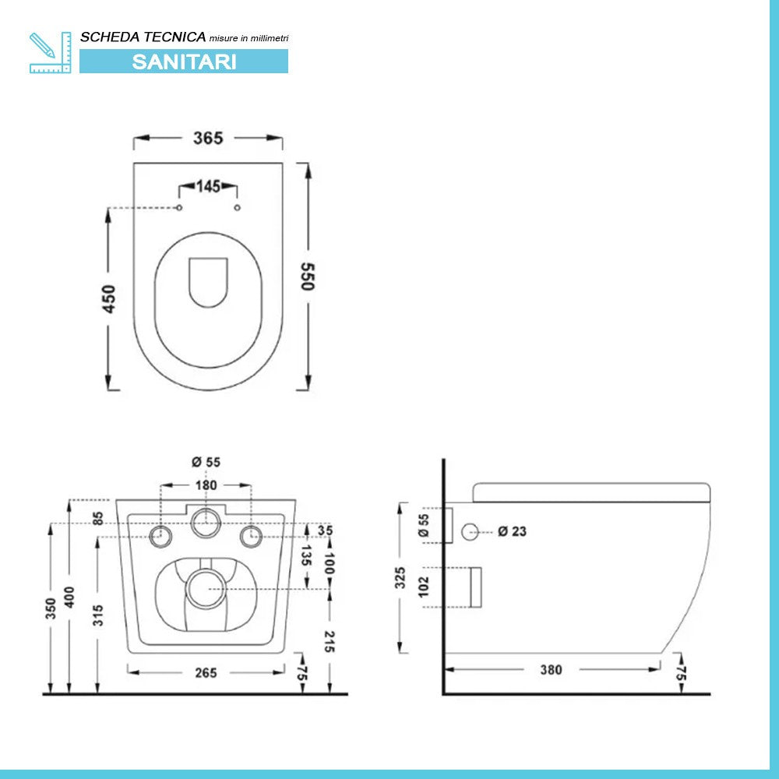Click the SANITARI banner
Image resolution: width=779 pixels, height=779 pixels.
(x=184, y=62)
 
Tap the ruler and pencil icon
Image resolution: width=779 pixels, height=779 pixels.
(x=50, y=53)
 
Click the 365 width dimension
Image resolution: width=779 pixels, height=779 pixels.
(x=208, y=138)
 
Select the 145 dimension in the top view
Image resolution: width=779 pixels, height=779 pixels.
(x=207, y=186)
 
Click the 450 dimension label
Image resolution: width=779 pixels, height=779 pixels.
(x=110, y=299)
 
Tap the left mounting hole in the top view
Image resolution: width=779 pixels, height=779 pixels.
(x=179, y=208)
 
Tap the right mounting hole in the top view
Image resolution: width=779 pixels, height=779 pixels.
(x=238, y=208)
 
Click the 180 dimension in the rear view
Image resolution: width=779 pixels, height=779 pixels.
(x=206, y=485)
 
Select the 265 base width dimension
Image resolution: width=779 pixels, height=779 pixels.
(x=206, y=671)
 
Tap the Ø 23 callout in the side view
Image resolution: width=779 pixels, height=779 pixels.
(x=512, y=531)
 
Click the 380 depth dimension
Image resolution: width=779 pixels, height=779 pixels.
(x=551, y=670)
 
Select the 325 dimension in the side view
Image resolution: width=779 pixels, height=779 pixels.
(x=400, y=577)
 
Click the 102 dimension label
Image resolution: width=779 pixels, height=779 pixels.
(x=425, y=586)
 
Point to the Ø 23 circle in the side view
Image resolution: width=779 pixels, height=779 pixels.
(x=470, y=532)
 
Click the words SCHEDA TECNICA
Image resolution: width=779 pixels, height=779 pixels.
(x=143, y=37)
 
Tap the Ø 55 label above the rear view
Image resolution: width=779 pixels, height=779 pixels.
(x=206, y=462)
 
